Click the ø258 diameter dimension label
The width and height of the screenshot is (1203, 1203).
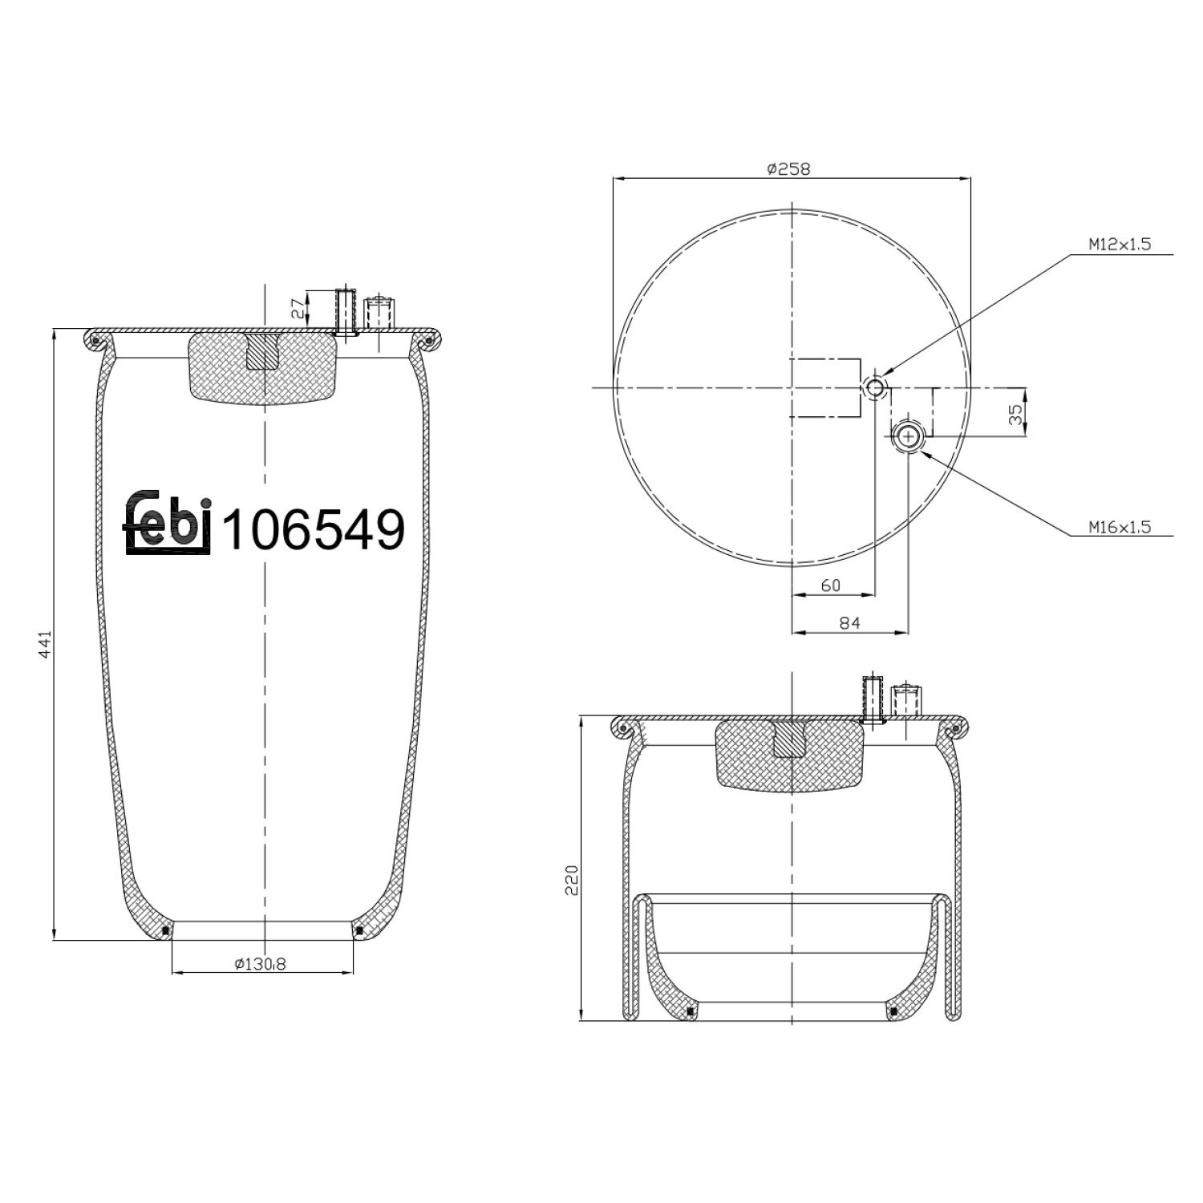point(788,168)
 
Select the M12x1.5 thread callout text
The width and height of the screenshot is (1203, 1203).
point(1119,245)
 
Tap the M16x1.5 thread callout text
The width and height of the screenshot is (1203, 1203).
point(1119,527)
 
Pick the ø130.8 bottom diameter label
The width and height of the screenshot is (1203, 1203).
point(260,964)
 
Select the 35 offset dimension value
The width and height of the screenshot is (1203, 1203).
point(1015,414)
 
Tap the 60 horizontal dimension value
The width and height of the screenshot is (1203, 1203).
point(831,585)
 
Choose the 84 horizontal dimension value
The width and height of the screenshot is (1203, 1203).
point(849,622)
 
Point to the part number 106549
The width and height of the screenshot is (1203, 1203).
point(313,529)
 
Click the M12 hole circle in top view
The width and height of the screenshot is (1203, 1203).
point(875,388)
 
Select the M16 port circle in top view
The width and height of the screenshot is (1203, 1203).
point(908,435)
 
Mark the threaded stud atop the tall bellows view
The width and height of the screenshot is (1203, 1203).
point(346,311)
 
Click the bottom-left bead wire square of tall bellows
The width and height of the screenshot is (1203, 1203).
point(166,930)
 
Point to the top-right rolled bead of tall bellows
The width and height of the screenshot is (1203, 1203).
point(429,341)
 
